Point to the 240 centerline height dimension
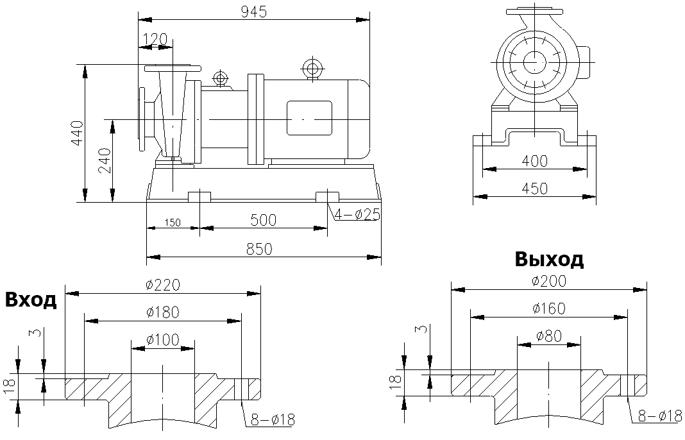(x=104, y=160)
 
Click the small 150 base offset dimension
(x=172, y=223)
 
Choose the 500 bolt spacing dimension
(x=263, y=220)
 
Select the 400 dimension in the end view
(x=534, y=161)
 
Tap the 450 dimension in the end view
(x=534, y=189)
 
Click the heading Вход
(x=31, y=300)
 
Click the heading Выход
(x=549, y=259)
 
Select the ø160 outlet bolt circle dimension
(x=548, y=309)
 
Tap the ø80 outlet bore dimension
(x=548, y=335)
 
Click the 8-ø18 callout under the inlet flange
(x=271, y=420)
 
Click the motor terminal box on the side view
(x=309, y=118)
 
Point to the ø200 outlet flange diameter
(x=549, y=281)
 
